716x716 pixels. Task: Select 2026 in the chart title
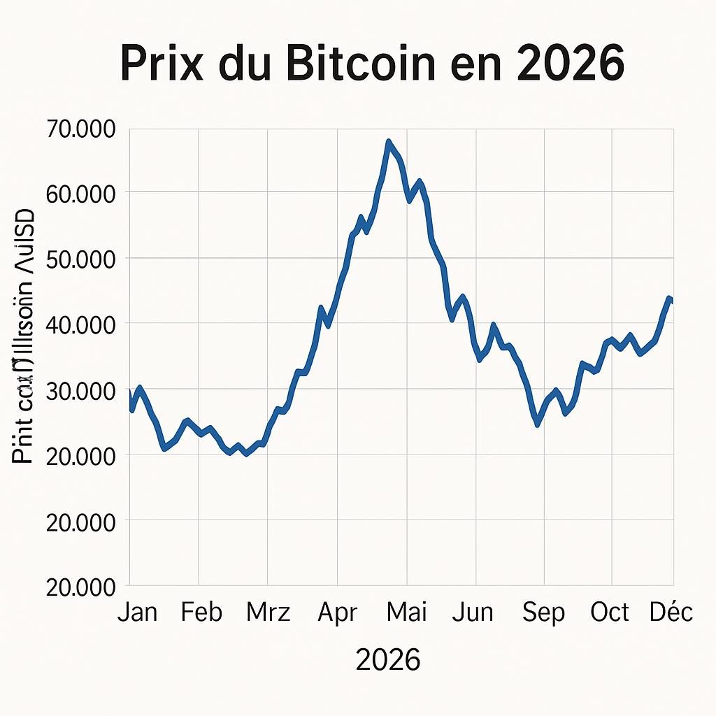571,64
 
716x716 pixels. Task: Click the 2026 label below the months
388,659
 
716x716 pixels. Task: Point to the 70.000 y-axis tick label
81,129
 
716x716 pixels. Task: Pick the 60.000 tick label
81,194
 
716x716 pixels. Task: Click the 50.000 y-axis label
81,260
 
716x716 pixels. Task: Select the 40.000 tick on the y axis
81,325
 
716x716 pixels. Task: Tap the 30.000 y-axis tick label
81,391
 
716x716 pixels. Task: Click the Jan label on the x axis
137,613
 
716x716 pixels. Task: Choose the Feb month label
201,613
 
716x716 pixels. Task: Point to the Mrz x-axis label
268,613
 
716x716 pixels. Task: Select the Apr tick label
337,613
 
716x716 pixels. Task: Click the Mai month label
406,613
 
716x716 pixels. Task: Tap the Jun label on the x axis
473,613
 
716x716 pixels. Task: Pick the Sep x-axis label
544,613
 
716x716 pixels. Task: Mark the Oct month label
610,613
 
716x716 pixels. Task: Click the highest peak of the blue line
389,142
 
